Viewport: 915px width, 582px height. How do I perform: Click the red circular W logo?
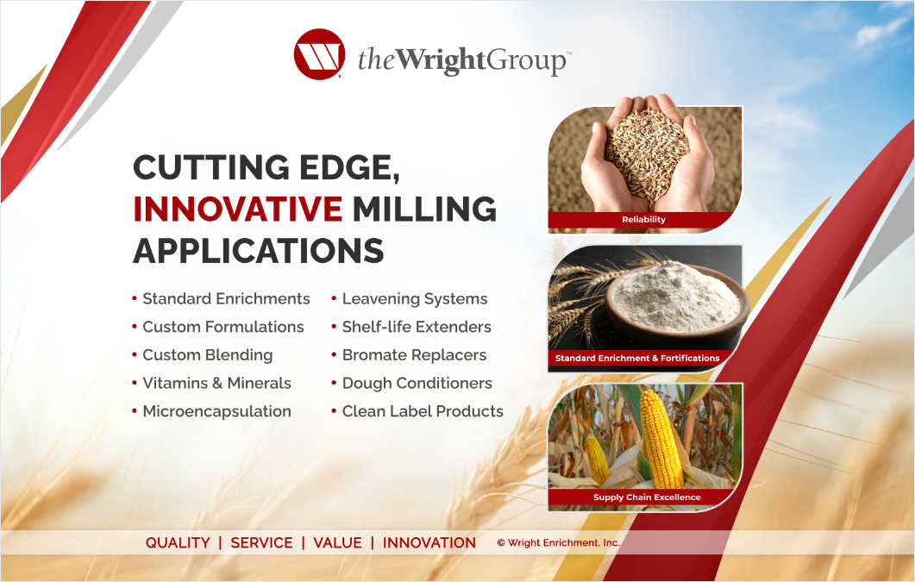[319, 54]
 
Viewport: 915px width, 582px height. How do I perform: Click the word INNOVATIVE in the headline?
[238, 209]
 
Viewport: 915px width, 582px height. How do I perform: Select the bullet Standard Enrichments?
[226, 299]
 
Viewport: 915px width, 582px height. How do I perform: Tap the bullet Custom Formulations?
[222, 328]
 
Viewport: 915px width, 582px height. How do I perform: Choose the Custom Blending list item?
[207, 355]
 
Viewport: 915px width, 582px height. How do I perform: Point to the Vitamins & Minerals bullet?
[216, 384]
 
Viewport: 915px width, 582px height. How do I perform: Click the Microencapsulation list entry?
[216, 412]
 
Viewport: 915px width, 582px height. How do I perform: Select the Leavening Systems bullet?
[414, 299]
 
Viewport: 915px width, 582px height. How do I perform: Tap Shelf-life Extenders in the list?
[417, 328]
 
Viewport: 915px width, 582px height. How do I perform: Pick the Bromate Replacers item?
[414, 355]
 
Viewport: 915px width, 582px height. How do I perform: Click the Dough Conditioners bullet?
[417, 384]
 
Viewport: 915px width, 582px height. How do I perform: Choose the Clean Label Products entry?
[423, 412]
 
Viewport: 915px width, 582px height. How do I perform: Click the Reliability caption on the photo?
[644, 220]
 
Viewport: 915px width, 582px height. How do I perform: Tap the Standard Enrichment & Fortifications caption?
[637, 358]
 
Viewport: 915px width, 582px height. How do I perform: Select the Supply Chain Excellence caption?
[647, 498]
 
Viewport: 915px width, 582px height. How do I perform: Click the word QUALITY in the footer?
[178, 543]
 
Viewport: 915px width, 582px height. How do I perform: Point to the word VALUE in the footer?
[337, 543]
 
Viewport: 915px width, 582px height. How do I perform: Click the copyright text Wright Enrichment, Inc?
[558, 543]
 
